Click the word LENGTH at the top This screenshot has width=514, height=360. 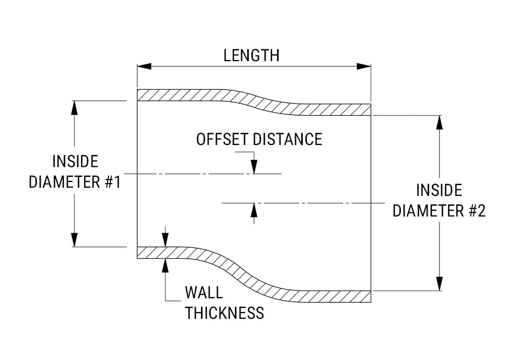click(251, 55)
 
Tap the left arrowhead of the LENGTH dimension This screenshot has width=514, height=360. click(143, 66)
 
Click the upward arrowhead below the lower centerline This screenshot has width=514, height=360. click(253, 210)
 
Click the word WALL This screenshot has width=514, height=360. click(204, 293)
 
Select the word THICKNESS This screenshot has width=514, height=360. click(225, 313)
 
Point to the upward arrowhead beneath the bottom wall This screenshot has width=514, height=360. click(165, 264)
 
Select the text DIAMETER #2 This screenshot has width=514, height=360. click(439, 210)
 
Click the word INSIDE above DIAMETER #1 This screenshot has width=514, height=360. click(75, 161)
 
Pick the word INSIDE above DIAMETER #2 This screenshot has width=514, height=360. click(439, 190)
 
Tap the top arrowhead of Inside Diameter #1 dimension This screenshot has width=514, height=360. click(75, 107)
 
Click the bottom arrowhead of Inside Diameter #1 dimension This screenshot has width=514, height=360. click(75, 240)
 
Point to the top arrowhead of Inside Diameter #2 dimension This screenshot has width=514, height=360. click(439, 122)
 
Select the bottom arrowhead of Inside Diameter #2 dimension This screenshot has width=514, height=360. click(439, 284)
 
